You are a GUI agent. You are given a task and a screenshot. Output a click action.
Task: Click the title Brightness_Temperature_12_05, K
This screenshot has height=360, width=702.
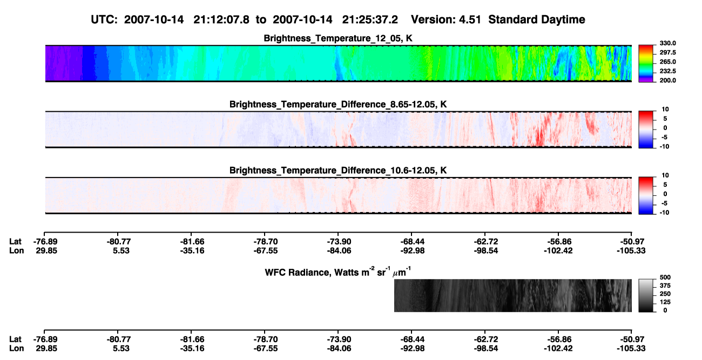338,38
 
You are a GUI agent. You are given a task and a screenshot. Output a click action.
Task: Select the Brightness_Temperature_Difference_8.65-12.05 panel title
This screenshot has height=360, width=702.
338,104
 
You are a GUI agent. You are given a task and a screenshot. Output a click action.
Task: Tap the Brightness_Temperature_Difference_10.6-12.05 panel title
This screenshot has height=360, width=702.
338,171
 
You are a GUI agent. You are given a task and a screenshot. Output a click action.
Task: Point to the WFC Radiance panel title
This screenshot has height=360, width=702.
338,272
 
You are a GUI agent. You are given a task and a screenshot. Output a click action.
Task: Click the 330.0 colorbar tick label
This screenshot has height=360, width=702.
667,43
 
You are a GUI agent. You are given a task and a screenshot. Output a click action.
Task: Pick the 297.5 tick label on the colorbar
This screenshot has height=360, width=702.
667,52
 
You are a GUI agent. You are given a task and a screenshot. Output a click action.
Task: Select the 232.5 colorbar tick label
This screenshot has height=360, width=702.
667,71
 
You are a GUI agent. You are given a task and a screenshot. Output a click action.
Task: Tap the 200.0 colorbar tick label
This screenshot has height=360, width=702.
667,80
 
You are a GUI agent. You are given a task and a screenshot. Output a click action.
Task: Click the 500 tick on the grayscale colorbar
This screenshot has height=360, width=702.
665,277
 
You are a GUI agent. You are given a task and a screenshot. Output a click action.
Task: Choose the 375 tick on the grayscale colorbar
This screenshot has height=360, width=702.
665,286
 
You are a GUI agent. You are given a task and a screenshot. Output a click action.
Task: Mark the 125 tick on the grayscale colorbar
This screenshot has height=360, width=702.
665,302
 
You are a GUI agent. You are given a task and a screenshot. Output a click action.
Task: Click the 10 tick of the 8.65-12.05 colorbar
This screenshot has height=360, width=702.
665,110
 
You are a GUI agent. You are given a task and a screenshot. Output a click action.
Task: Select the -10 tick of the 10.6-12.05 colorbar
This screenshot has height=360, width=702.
664,213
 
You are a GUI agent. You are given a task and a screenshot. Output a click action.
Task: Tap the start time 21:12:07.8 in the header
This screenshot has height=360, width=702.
221,19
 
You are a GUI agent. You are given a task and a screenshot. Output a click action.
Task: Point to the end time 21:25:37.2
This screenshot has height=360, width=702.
370,19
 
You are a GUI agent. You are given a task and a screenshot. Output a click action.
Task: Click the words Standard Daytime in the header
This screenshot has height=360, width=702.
537,19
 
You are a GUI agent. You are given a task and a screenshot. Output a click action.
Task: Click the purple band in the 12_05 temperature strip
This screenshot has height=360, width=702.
64,63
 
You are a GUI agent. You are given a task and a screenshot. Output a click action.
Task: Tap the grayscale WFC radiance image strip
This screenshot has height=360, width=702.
512,295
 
